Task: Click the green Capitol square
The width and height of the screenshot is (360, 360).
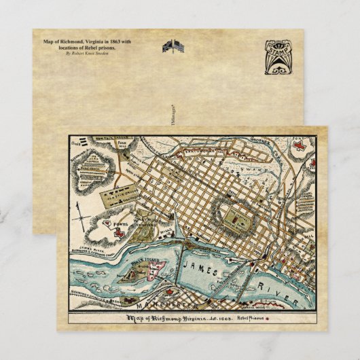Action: pyautogui.click(x=233, y=217)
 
